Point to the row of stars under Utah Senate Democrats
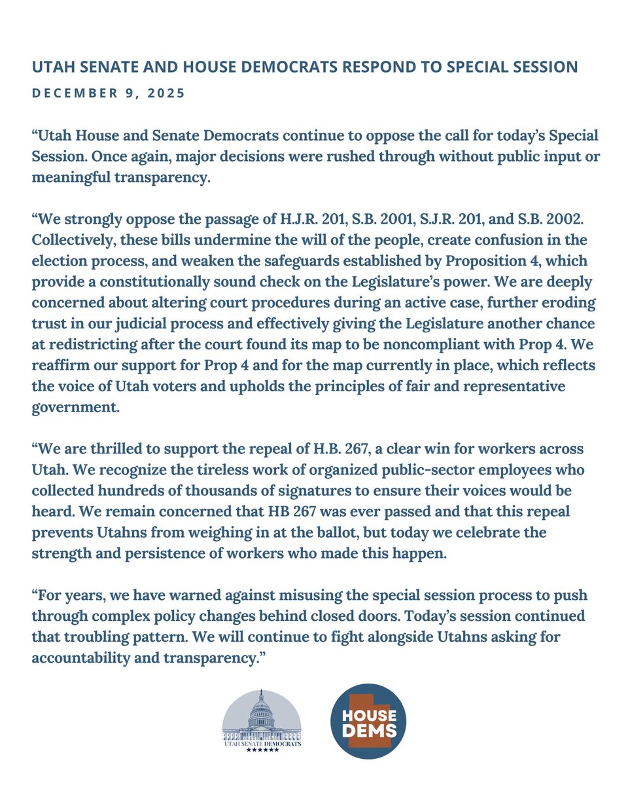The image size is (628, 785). coord(262,750)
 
